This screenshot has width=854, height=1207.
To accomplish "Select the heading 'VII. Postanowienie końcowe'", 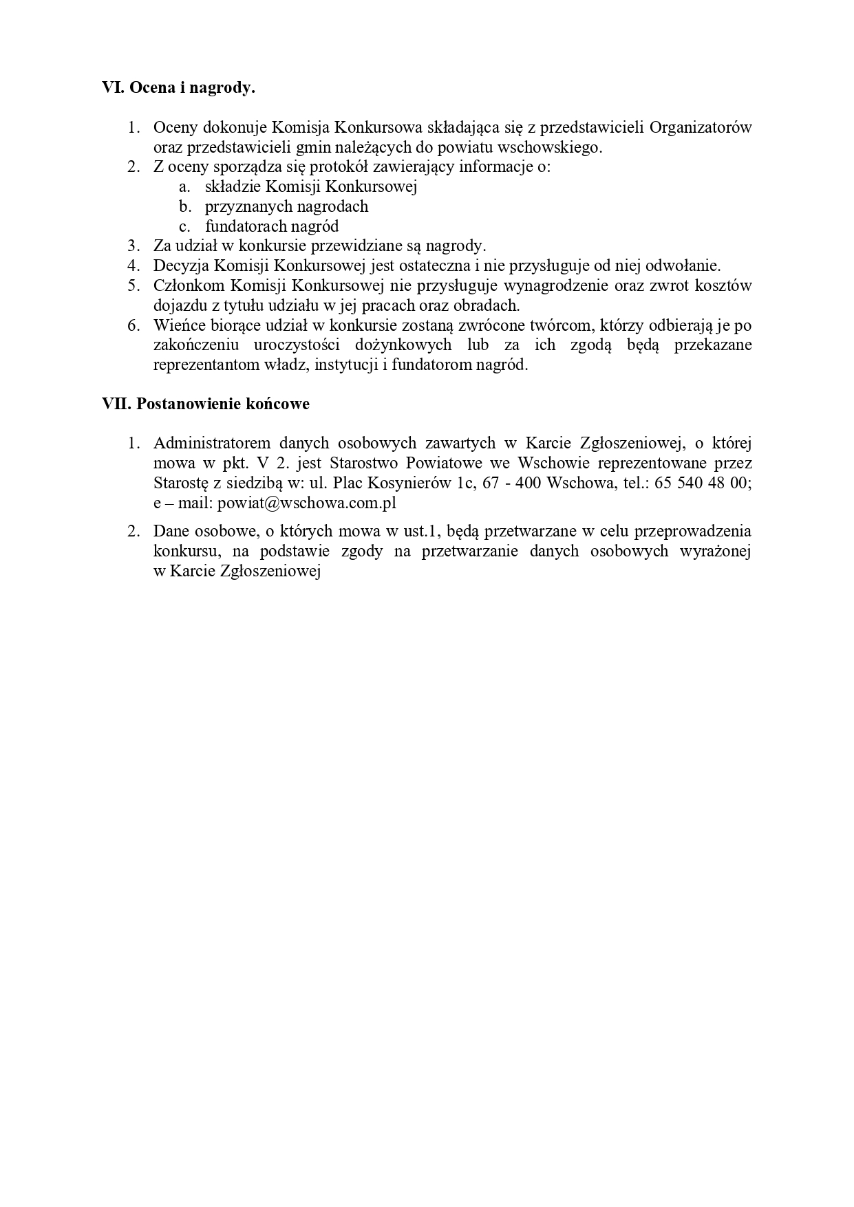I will pos(206,404).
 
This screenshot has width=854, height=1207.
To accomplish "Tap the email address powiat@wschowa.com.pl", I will pos(307,503).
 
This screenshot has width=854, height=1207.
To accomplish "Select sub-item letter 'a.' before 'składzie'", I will pos(184,186).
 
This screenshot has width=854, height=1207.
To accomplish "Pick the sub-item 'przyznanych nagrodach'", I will pos(286,206).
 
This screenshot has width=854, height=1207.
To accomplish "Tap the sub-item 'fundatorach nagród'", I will pos(272,226).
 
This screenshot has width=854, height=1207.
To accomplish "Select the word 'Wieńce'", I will pos(177,325).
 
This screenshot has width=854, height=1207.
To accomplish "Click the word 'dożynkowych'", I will pos(403,345).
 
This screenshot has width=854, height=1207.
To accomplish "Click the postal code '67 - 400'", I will pos(511,483).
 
